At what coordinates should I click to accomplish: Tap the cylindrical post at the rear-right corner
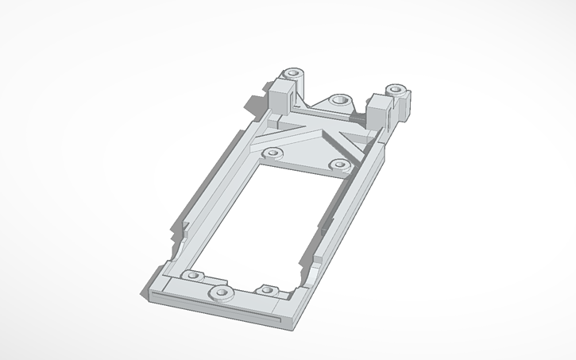click(x=395, y=91)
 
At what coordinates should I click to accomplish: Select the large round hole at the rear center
click(x=339, y=101)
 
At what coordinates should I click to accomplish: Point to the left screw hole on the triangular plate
click(x=273, y=152)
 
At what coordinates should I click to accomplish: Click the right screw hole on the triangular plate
click(x=339, y=165)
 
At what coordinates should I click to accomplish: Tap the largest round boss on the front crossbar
click(x=220, y=294)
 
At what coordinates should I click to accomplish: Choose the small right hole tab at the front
click(x=265, y=289)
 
